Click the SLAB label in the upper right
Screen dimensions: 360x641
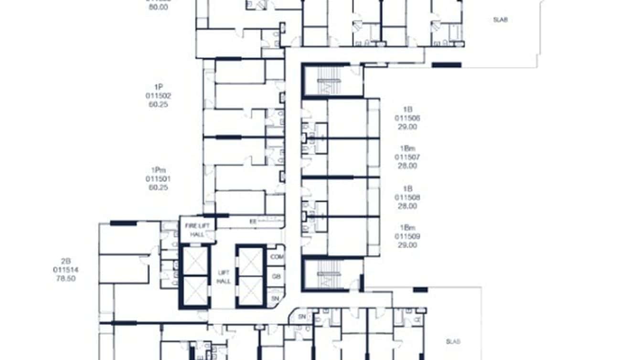pos(500,20)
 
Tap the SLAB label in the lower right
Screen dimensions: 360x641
pos(453,341)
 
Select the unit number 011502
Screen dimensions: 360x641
pos(158,95)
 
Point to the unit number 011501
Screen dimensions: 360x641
pos(158,179)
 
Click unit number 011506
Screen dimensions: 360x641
pos(407,118)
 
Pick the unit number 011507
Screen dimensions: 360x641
pos(407,157)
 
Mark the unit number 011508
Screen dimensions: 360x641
pos(407,197)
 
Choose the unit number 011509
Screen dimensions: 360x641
pos(407,236)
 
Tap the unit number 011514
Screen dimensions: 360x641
pos(65,270)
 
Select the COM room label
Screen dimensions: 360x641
pos(276,256)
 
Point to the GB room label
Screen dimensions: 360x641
pos(276,276)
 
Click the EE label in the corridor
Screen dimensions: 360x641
pos(253,222)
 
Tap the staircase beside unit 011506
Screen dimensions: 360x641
pos(332,82)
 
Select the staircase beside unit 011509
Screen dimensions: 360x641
pos(332,276)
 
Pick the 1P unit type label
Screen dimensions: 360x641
pos(158,87)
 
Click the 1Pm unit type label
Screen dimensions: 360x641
pos(158,170)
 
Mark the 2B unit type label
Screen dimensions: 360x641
pos(65,261)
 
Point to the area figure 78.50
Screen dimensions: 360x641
pos(65,278)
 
